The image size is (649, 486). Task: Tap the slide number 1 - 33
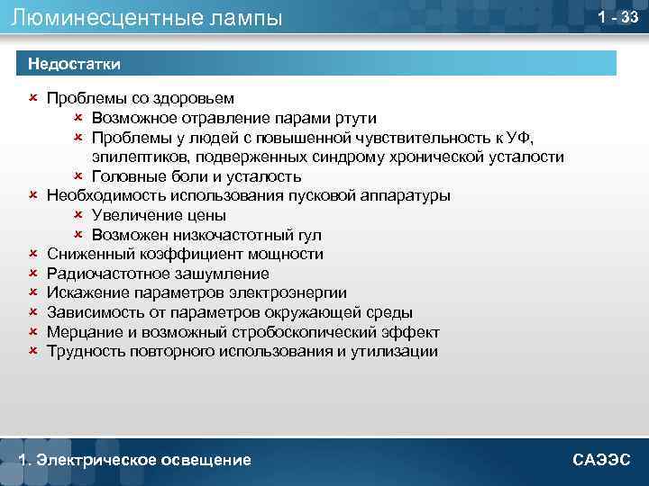click(x=618, y=17)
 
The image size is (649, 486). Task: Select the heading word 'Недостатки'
click(x=75, y=63)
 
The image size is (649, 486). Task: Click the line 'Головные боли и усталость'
click(x=196, y=176)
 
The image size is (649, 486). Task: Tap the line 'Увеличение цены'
click(x=159, y=215)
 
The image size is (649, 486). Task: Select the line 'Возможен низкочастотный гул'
click(x=206, y=235)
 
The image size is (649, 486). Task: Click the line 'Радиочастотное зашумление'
click(x=158, y=274)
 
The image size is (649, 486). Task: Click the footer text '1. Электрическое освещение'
click(x=134, y=460)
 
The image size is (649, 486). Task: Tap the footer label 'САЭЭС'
click(x=601, y=460)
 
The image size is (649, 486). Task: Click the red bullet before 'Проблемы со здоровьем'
click(x=33, y=98)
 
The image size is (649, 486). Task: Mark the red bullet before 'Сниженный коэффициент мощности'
click(x=33, y=254)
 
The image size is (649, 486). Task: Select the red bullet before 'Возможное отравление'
click(x=78, y=118)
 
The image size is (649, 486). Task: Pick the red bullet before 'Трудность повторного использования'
click(x=33, y=352)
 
